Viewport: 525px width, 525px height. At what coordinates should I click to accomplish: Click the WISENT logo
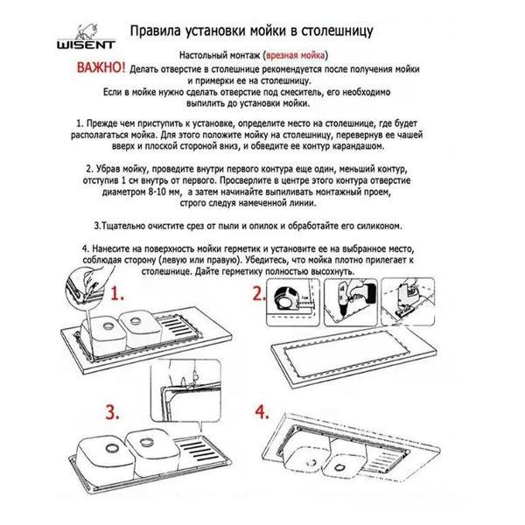[x=86, y=37]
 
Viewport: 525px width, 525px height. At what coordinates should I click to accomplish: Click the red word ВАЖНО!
[x=101, y=67]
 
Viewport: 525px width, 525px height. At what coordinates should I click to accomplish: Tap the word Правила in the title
[x=156, y=31]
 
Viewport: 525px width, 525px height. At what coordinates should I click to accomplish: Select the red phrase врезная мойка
[x=295, y=55]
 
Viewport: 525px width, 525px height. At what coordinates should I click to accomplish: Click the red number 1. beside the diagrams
[x=117, y=294]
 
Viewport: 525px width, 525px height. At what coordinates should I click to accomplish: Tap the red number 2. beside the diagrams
[x=258, y=293]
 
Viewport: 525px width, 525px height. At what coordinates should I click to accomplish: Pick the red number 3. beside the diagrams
[x=113, y=412]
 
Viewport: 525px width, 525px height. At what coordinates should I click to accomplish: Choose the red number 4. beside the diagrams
[x=262, y=412]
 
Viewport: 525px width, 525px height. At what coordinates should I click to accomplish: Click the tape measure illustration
[x=287, y=299]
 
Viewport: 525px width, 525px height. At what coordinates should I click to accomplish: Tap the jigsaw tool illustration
[x=407, y=299]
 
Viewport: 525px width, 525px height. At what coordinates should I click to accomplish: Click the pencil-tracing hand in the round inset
[x=88, y=284]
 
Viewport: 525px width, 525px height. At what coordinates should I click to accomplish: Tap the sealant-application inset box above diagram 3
[x=185, y=391]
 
